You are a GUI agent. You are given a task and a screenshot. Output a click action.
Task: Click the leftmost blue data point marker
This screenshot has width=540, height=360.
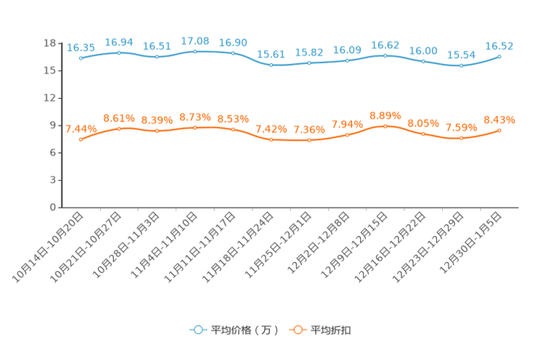click(x=81, y=58)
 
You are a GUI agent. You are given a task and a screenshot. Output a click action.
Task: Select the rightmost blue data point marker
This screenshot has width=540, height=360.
click(x=499, y=56)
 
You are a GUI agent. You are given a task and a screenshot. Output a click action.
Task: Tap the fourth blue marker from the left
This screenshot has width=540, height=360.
click(x=195, y=51)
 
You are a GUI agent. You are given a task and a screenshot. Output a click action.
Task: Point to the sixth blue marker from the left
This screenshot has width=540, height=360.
click(x=271, y=65)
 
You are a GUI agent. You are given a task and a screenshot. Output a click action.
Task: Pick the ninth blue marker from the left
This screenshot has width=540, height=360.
click(x=385, y=55)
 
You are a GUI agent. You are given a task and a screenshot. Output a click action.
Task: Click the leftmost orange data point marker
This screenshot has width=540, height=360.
click(x=81, y=139)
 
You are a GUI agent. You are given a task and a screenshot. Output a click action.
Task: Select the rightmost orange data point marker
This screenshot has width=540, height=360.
click(x=499, y=130)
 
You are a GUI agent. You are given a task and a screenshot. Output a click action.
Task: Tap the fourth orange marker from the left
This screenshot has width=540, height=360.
click(x=195, y=128)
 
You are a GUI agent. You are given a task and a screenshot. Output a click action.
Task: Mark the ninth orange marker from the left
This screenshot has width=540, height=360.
click(x=385, y=126)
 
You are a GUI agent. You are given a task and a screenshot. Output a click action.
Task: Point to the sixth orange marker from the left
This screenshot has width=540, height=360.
click(x=271, y=139)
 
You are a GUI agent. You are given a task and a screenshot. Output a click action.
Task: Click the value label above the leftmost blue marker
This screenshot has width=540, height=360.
click(x=81, y=48)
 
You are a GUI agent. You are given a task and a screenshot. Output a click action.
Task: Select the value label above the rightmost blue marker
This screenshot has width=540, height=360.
click(x=499, y=46)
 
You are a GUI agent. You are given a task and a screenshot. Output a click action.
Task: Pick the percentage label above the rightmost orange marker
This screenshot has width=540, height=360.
click(x=499, y=119)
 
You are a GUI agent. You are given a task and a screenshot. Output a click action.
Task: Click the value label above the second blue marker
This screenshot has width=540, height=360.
click(x=119, y=41)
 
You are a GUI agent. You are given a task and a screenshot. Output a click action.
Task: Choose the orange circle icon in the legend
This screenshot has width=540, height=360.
click(x=298, y=330)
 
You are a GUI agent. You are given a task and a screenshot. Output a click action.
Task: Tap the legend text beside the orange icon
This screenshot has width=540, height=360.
click(x=331, y=330)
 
